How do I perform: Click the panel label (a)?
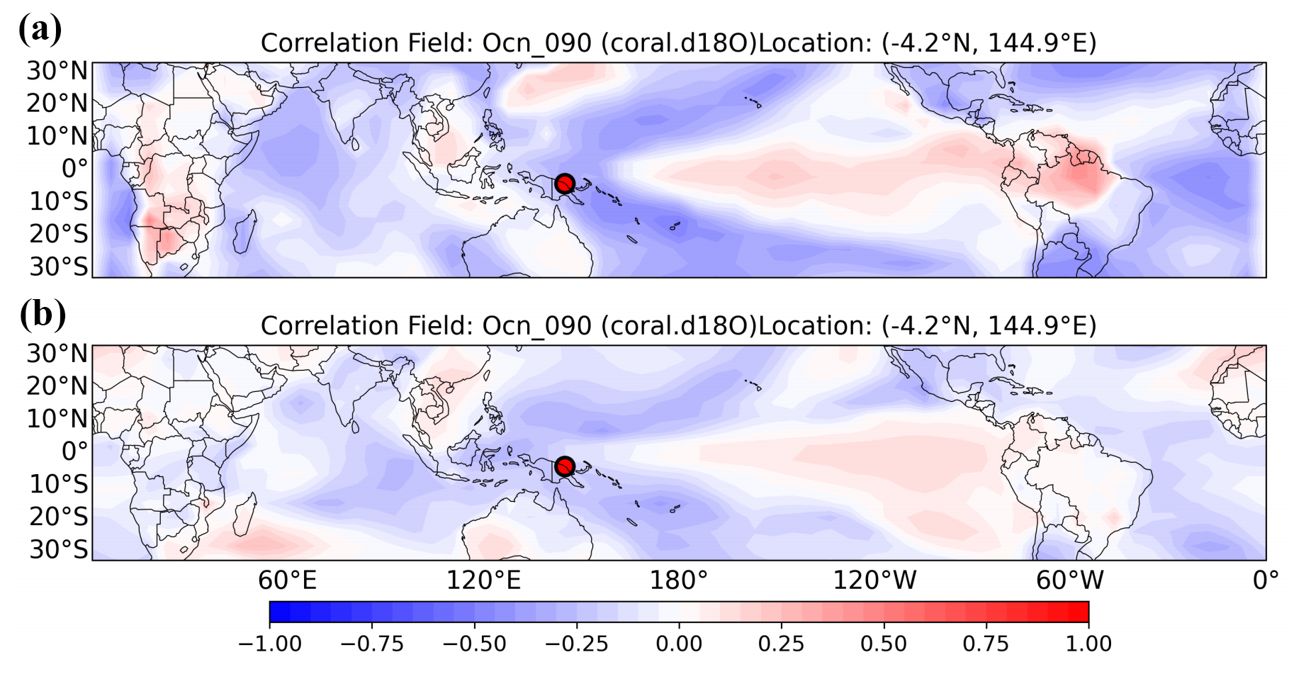pyautogui.click(x=40, y=29)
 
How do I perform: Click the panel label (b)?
pyautogui.click(x=43, y=313)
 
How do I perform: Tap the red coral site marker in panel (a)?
pyautogui.click(x=564, y=184)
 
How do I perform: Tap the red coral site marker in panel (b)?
pyautogui.click(x=564, y=466)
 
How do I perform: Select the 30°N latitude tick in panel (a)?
pyautogui.click(x=57, y=71)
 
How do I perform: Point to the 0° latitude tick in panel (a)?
pyautogui.click(x=74, y=169)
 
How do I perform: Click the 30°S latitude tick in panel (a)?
pyautogui.click(x=59, y=266)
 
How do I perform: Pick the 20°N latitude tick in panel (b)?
pyautogui.click(x=57, y=386)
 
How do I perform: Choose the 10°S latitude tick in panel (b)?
pyautogui.click(x=59, y=484)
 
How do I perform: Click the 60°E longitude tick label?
pyautogui.click(x=287, y=580)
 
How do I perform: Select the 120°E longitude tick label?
pyautogui.click(x=483, y=580)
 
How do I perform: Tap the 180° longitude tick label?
pyautogui.click(x=679, y=580)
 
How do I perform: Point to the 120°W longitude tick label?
pyautogui.click(x=874, y=580)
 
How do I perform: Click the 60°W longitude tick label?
pyautogui.click(x=1070, y=580)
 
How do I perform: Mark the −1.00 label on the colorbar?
pyautogui.click(x=270, y=644)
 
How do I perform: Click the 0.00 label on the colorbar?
pyautogui.click(x=679, y=644)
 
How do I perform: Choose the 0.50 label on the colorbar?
pyautogui.click(x=884, y=644)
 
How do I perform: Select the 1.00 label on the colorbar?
pyautogui.click(x=1088, y=644)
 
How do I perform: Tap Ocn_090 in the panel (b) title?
pyautogui.click(x=536, y=326)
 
